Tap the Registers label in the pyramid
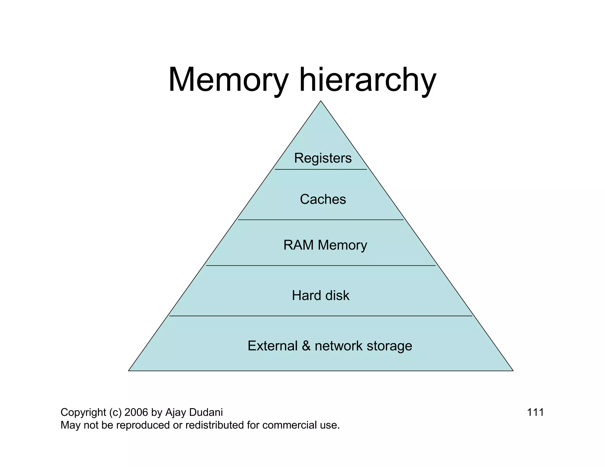point(323,158)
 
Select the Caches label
point(323,199)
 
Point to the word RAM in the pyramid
point(298,245)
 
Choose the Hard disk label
point(321,295)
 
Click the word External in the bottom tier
point(272,346)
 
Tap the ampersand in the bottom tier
point(306,346)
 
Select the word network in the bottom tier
point(339,346)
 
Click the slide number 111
point(535,412)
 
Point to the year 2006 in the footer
point(136,412)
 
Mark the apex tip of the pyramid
point(321,102)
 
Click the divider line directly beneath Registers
point(321,169)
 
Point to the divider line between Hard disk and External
point(321,316)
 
